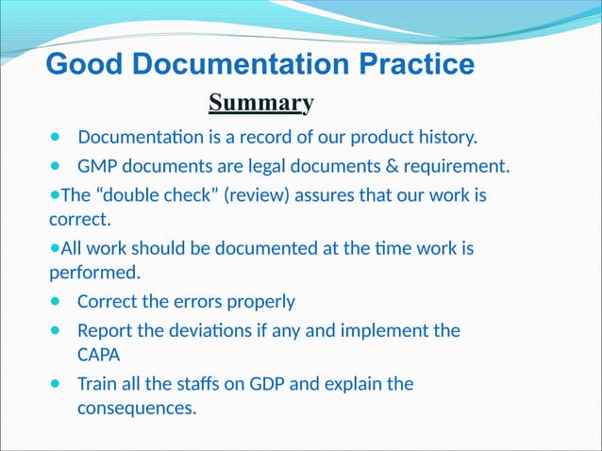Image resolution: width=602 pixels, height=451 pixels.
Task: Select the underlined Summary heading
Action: pyautogui.click(x=260, y=102)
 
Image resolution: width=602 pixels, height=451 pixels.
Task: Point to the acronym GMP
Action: pyautogui.click(x=98, y=168)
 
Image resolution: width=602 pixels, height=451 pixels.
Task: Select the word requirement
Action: pyautogui.click(x=456, y=168)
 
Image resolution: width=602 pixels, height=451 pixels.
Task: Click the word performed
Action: pyautogui.click(x=94, y=275)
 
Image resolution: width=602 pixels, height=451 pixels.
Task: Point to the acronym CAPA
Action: pyautogui.click(x=99, y=357)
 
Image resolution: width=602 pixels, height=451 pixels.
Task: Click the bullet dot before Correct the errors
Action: pyautogui.click(x=55, y=302)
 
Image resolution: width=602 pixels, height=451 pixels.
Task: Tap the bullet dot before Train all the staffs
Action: pyautogui.click(x=55, y=385)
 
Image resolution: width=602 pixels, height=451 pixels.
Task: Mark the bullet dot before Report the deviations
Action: pyautogui.click(x=55, y=331)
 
